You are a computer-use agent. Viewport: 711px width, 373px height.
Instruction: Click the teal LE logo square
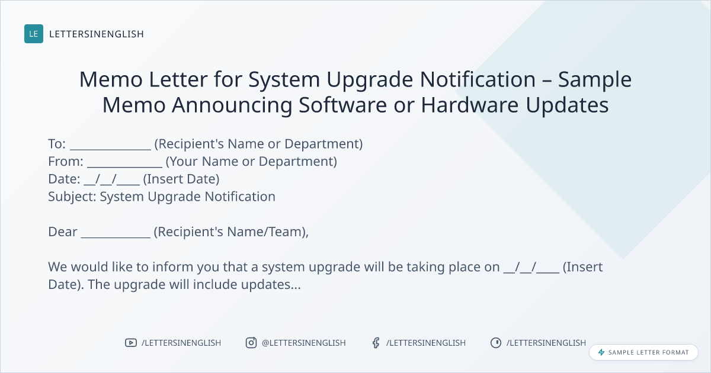[34, 34]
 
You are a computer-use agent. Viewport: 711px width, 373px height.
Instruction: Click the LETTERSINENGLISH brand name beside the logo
[97, 34]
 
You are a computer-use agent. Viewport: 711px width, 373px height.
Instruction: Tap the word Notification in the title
[478, 79]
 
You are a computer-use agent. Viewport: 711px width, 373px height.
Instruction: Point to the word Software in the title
[343, 105]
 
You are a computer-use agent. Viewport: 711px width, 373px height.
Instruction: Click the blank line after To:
[110, 149]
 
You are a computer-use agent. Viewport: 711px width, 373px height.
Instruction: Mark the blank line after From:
[125, 166]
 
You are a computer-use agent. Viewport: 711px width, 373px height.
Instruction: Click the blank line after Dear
[116, 237]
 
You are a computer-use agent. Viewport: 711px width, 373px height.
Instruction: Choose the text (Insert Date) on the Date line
[181, 179]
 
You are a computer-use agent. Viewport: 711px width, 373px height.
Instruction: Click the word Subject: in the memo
[72, 197]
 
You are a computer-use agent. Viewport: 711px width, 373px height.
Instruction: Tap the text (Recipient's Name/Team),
[231, 232]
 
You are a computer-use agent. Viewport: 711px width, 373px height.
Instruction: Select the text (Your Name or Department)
[251, 162]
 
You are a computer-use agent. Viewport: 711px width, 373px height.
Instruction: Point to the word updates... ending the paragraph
[271, 285]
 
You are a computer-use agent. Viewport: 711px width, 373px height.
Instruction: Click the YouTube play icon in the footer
[131, 343]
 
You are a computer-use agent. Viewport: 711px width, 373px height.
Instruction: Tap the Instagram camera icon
[251, 343]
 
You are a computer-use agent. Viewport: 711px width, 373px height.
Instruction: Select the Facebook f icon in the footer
[376, 343]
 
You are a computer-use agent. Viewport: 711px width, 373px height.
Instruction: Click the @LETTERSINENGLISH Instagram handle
[304, 343]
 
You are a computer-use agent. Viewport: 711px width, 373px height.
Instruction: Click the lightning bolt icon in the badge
[601, 352]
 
